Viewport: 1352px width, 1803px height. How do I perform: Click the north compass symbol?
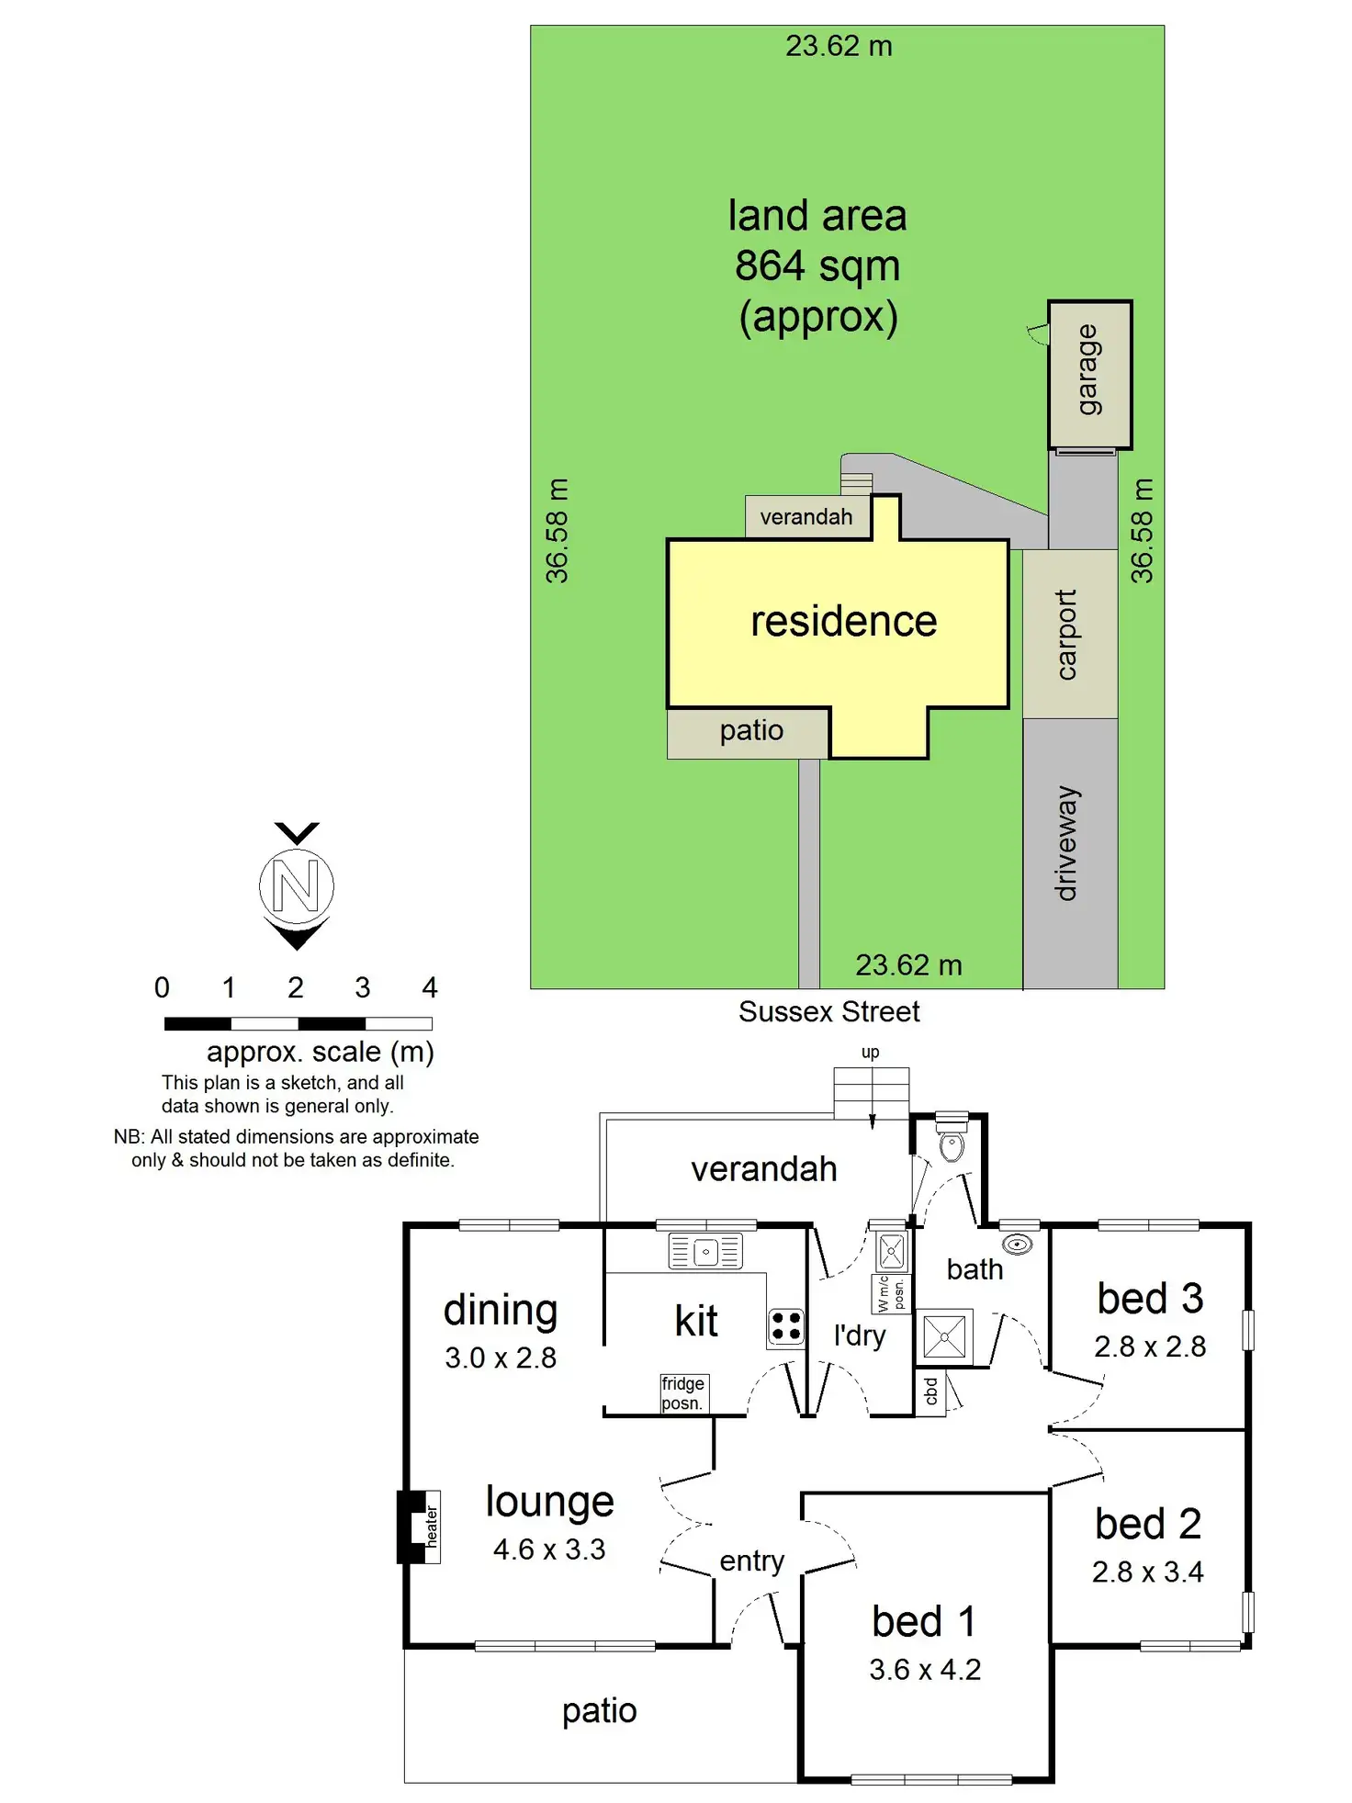pyautogui.click(x=296, y=886)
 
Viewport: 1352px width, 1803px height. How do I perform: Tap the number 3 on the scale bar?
pyautogui.click(x=362, y=988)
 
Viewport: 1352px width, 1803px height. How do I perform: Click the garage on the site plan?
pyautogui.click(x=1089, y=375)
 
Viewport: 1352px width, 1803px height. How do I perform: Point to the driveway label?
pyautogui.click(x=1066, y=843)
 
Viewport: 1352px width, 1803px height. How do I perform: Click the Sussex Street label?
pyautogui.click(x=828, y=1012)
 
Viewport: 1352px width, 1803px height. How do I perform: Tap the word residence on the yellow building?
pyautogui.click(x=843, y=622)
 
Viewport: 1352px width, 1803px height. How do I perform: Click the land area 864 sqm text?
pyautogui.click(x=817, y=266)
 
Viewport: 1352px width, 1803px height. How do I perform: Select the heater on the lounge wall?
pyautogui.click(x=421, y=1527)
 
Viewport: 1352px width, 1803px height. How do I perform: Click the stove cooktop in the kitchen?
pyautogui.click(x=786, y=1327)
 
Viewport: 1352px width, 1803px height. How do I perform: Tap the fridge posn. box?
pyautogui.click(x=682, y=1393)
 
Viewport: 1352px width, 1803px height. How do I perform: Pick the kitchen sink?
pyautogui.click(x=705, y=1252)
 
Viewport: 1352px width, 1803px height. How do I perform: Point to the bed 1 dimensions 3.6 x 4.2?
pyautogui.click(x=925, y=1670)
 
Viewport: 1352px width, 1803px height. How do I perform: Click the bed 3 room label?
pyautogui.click(x=1150, y=1299)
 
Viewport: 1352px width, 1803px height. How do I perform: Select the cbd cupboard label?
pyautogui.click(x=930, y=1391)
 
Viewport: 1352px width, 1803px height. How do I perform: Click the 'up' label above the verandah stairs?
pyautogui.click(x=870, y=1053)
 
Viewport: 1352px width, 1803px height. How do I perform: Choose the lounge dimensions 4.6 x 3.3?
pyautogui.click(x=549, y=1549)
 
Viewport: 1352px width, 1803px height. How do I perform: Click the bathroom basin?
pyautogui.click(x=1017, y=1245)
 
